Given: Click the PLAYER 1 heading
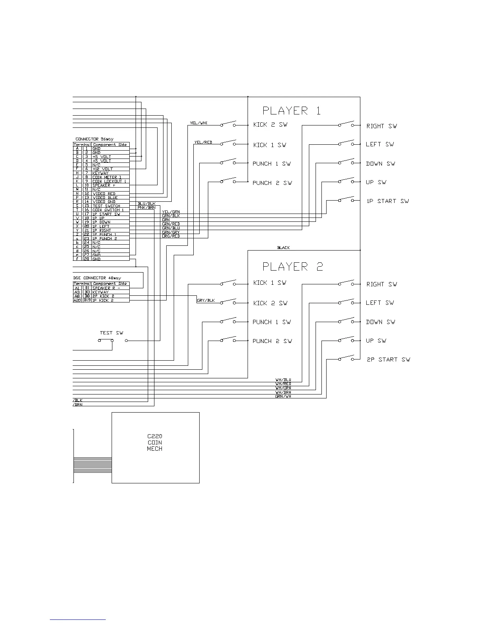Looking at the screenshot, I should [291, 111].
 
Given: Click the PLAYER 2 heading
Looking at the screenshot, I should [292, 267].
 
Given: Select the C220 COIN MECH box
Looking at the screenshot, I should [155, 447].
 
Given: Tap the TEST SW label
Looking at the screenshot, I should [112, 333].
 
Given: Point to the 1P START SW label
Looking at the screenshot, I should [387, 201].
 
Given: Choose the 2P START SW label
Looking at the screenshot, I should [388, 359].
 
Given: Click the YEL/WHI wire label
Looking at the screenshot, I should [198, 123].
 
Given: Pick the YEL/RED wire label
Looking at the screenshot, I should [203, 142].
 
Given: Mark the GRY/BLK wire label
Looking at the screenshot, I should [206, 300].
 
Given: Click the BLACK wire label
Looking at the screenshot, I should [283, 248].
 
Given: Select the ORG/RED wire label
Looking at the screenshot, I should [171, 236].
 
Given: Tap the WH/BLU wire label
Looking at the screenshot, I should [283, 380].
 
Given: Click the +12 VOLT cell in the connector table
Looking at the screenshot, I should [103, 169].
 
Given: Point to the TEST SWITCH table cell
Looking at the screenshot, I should [106, 206].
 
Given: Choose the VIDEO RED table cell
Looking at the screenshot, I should [104, 194].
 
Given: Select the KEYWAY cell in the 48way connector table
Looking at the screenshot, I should [100, 292].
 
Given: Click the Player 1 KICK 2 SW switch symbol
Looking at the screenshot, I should [228, 124].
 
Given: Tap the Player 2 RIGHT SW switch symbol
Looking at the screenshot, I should [346, 283].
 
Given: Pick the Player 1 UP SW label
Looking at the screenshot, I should [376, 182].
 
